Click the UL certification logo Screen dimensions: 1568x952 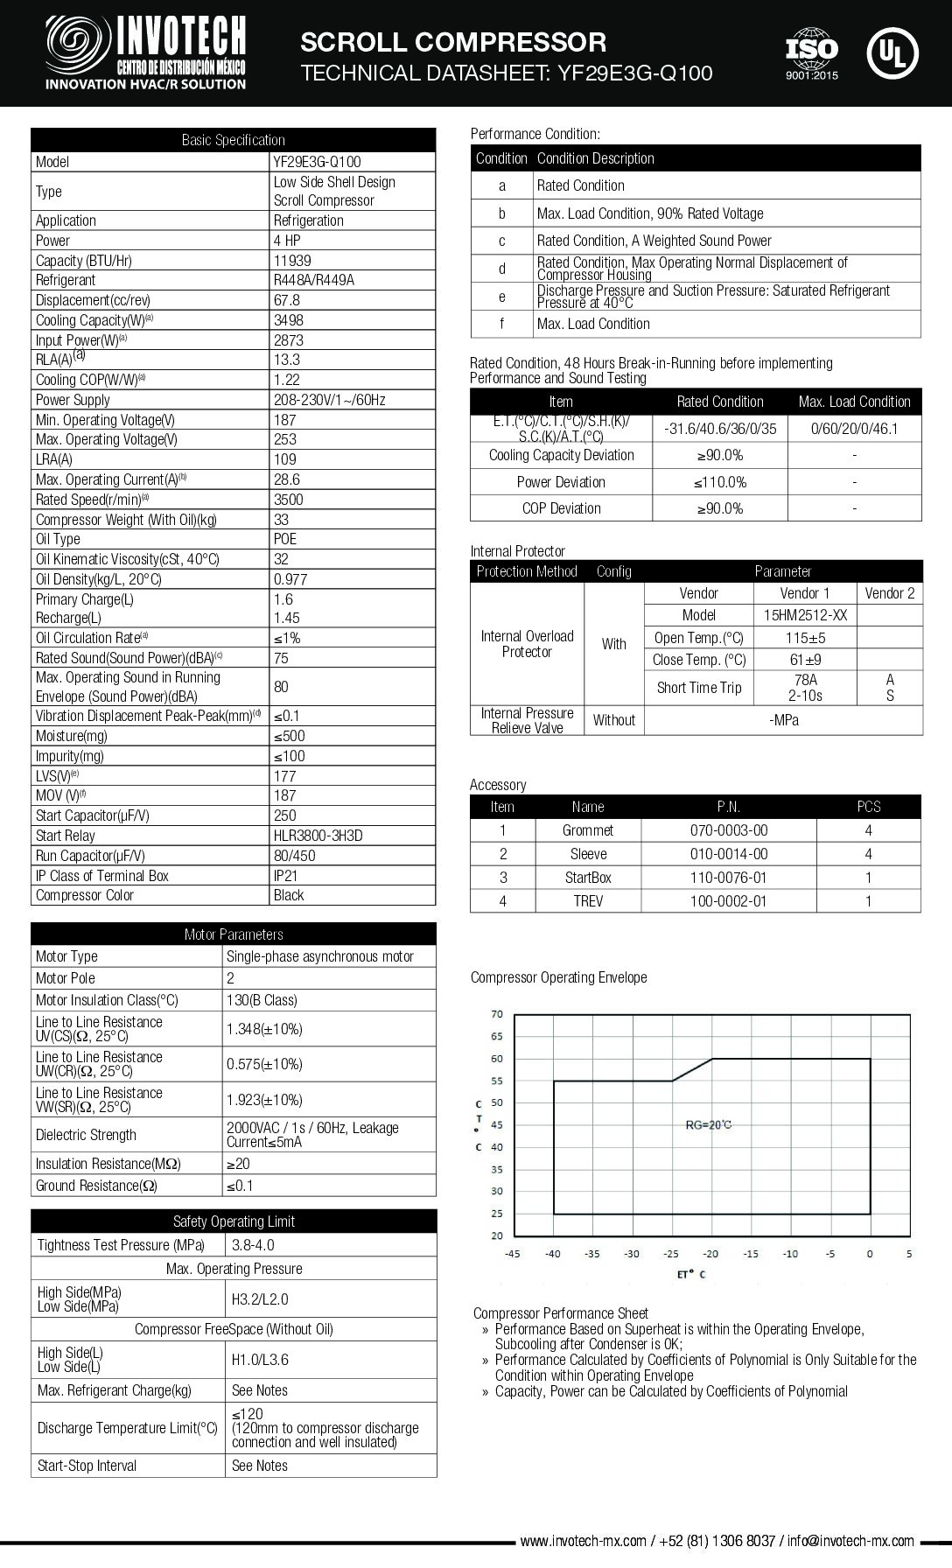pos(892,52)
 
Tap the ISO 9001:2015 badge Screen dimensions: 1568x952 pos(811,52)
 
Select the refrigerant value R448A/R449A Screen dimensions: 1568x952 pos(313,280)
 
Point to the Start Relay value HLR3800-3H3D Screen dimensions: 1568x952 pos(318,836)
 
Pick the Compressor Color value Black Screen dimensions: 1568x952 pos(289,895)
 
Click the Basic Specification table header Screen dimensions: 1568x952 pos(233,140)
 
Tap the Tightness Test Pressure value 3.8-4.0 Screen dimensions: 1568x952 pos(253,1245)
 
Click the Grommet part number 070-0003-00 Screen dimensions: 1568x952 pos(728,830)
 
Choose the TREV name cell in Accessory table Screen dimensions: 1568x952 pos(588,901)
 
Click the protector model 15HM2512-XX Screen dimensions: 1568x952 pos(805,615)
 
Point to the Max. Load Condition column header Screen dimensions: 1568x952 pos(854,402)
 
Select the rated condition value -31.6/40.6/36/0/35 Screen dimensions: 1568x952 pos(719,429)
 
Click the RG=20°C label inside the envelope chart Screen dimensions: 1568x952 pos(708,1124)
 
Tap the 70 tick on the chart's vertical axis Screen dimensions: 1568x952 pos(497,1014)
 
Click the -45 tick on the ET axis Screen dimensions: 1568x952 pos(513,1254)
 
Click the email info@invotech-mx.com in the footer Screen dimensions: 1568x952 pos(850,1541)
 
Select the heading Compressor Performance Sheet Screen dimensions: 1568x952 pos(561,1313)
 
